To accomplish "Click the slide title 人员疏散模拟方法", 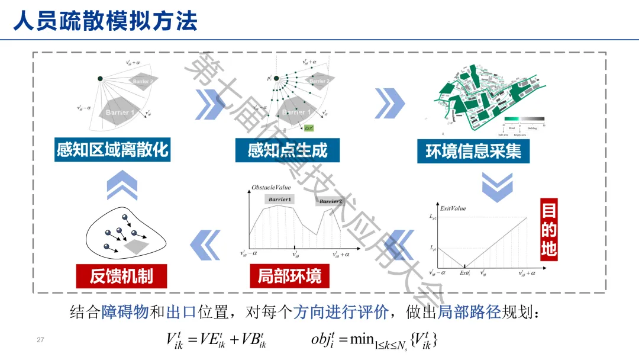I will (x=105, y=21).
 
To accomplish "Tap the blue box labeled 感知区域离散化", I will (x=112, y=150).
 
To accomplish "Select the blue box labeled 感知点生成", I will (x=287, y=150).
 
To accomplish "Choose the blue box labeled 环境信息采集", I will (x=473, y=151).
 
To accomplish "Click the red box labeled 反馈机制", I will (x=121, y=275).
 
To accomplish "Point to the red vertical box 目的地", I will (x=548, y=230).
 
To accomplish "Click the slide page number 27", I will (x=40, y=340).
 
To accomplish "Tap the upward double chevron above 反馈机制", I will (x=122, y=185).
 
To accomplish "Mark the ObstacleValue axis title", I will (x=271, y=188).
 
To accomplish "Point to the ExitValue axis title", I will (x=453, y=208).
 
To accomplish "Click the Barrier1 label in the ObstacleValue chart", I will (x=279, y=200).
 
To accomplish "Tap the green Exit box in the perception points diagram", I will (x=309, y=127).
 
